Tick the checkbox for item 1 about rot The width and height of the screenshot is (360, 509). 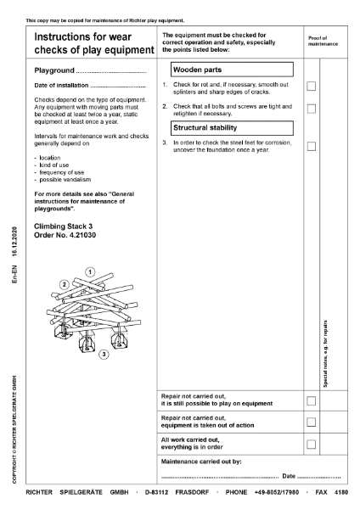click(311, 86)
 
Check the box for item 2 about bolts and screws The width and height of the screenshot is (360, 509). click(311, 109)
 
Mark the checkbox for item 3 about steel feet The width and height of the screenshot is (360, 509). click(311, 146)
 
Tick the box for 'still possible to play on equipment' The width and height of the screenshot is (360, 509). click(311, 400)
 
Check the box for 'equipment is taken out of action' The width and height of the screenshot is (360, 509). click(311, 422)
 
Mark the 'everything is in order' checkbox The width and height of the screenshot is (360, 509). click(311, 444)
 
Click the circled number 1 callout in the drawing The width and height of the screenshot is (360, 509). click(89, 271)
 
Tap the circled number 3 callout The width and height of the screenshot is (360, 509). click(103, 353)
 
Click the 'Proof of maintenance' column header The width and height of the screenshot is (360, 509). click(322, 41)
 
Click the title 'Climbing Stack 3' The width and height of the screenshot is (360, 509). click(63, 227)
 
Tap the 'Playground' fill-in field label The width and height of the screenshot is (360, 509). click(54, 70)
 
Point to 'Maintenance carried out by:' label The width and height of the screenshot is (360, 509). click(201, 461)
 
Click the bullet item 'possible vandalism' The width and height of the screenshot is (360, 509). click(62, 179)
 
